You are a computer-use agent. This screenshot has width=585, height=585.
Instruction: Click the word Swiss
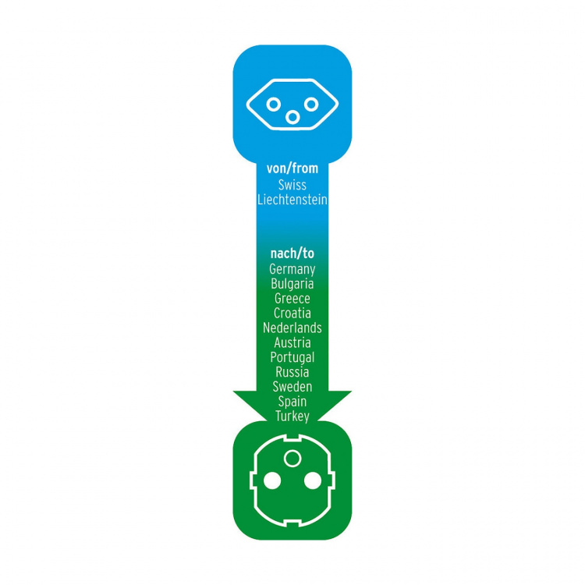[292, 185]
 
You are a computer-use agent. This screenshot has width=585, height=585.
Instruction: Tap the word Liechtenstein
[292, 200]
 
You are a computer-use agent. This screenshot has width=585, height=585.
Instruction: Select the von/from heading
[292, 168]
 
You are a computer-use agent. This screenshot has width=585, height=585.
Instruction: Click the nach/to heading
[292, 253]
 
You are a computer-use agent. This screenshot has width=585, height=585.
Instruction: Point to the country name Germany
[292, 269]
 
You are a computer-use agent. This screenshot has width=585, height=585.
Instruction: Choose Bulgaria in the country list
[292, 284]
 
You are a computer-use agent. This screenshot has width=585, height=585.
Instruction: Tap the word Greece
[292, 299]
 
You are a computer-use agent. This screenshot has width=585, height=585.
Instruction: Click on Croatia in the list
[292, 313]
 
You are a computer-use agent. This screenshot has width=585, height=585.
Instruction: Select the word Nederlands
[292, 328]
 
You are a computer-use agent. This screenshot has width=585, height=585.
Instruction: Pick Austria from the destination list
[292, 342]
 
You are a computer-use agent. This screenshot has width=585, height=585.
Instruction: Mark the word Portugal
[292, 357]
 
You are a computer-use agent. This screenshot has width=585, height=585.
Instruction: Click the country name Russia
[292, 372]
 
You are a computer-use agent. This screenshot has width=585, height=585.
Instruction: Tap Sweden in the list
[292, 387]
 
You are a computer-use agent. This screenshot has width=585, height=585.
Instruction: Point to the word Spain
[292, 402]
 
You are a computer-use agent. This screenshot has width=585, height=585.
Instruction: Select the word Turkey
[292, 417]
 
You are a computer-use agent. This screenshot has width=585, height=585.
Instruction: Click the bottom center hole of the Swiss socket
[292, 118]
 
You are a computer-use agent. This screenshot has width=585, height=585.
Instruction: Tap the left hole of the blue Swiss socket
[274, 105]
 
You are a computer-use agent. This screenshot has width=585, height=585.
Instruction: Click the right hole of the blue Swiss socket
[311, 105]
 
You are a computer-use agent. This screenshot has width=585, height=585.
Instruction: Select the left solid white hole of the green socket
[272, 480]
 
